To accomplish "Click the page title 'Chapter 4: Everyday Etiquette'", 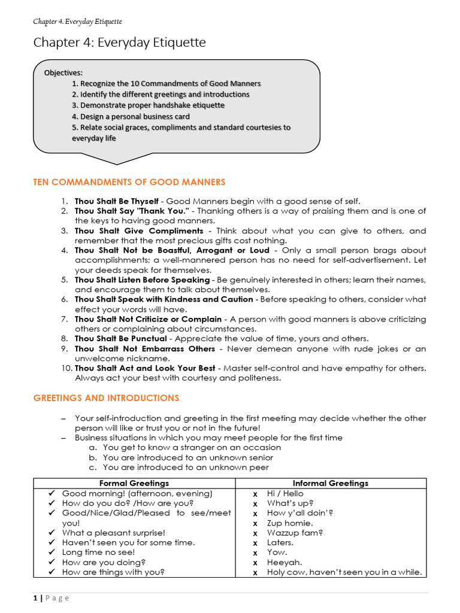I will tap(119, 43).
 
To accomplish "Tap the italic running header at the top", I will tap(77, 22).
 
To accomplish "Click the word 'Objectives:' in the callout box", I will tap(63, 73).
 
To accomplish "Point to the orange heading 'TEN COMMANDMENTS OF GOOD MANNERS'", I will tap(129, 182).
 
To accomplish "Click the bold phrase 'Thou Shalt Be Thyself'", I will tap(117, 201).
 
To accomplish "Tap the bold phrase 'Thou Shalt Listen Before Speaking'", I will tap(142, 280).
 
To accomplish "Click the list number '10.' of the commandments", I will tap(66, 368).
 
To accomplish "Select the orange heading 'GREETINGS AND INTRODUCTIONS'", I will tap(105, 397).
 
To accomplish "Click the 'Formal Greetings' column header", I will tap(134, 483).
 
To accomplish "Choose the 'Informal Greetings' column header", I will tap(330, 483).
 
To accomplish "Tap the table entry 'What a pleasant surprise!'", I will tap(114, 532).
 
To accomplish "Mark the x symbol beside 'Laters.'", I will tap(255, 542).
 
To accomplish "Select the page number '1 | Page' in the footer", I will tap(52, 597).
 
